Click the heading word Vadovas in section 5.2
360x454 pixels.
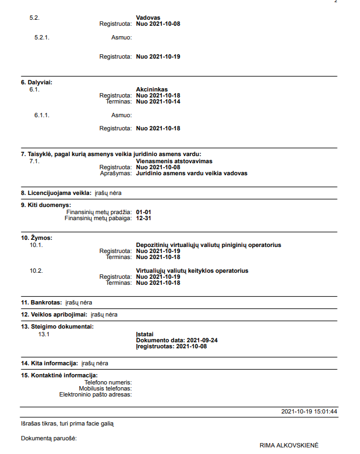coord(148,18)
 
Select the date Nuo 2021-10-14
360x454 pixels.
coord(158,102)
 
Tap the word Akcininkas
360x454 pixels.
coord(152,89)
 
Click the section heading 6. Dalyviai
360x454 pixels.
coord(36,83)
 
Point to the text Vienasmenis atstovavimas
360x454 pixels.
coord(174,162)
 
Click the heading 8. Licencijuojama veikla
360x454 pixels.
coord(56,193)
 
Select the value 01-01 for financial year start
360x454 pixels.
coord(143,212)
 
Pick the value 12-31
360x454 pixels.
coord(143,218)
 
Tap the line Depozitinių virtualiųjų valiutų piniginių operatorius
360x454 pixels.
coord(208,245)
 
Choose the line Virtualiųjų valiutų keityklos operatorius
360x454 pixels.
coord(192,271)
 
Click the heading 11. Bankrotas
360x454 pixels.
coord(41,302)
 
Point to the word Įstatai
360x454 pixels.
coord(145,334)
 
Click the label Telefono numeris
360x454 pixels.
coord(108,382)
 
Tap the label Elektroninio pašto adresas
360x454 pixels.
coord(95,394)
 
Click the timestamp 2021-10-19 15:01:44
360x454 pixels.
coord(309,411)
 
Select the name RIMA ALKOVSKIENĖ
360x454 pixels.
coord(289,445)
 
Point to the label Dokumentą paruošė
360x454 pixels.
coord(49,438)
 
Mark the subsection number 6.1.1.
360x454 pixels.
coord(42,115)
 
